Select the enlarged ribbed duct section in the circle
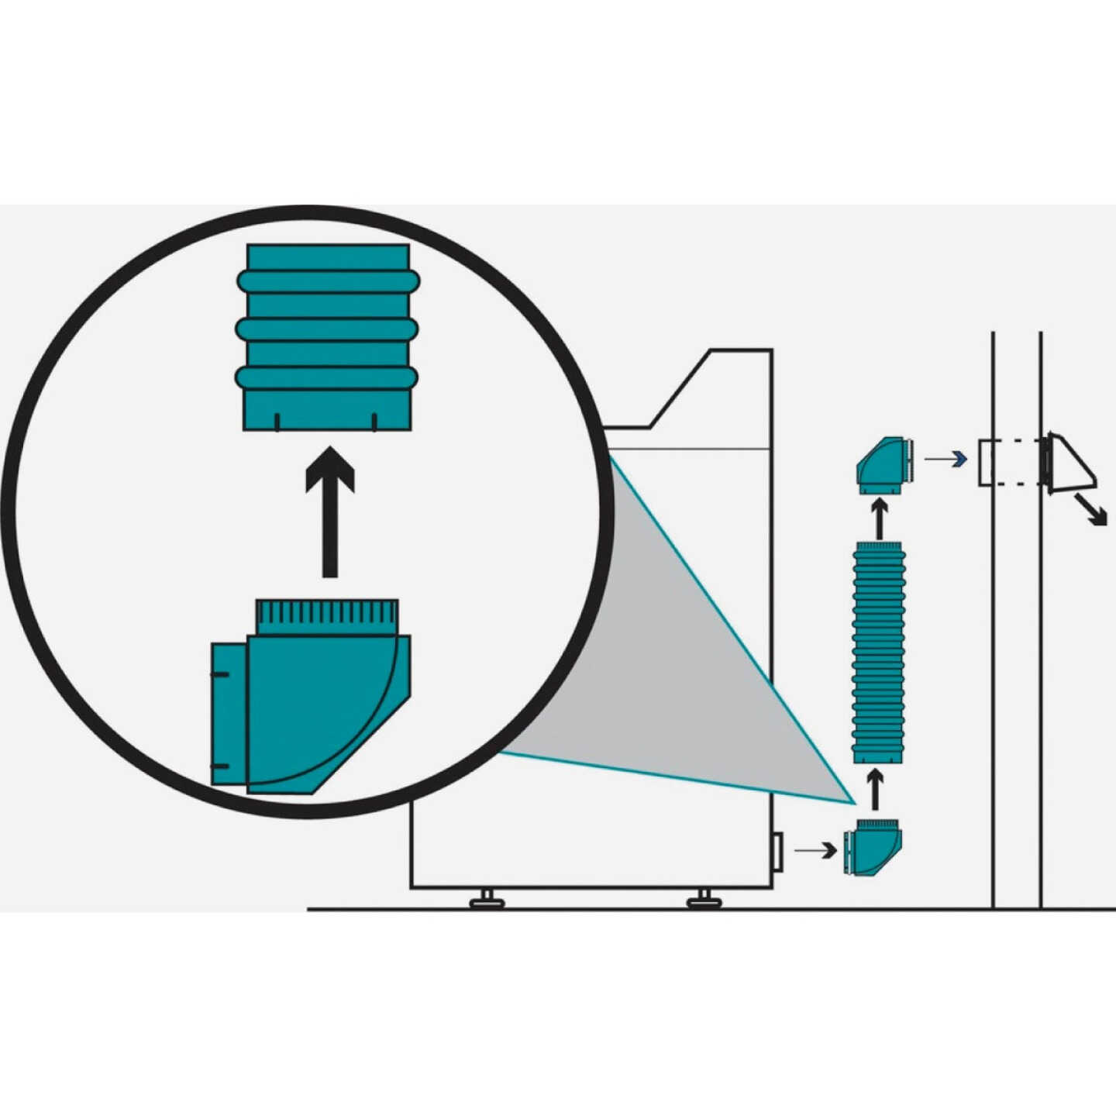pyautogui.click(x=328, y=338)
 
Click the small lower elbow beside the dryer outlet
pyautogui.click(x=873, y=849)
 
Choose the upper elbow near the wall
pyautogui.click(x=883, y=465)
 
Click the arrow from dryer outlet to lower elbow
pyautogui.click(x=816, y=850)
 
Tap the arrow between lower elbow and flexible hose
pyautogui.click(x=875, y=790)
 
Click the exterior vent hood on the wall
pyautogui.click(x=1069, y=463)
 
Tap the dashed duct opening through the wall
pyautogui.click(x=1007, y=463)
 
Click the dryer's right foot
pyautogui.click(x=704, y=898)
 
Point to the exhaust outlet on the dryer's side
pyautogui.click(x=777, y=850)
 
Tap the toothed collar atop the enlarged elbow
pyautogui.click(x=327, y=617)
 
